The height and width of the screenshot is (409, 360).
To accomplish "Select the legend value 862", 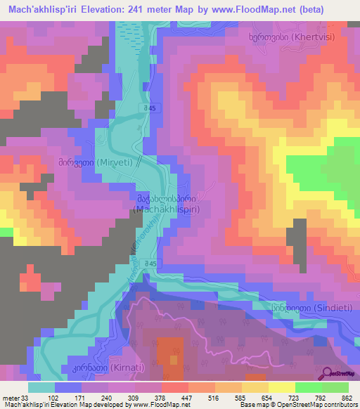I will click(347, 398).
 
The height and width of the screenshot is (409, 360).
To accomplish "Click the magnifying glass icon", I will click(328, 373).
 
